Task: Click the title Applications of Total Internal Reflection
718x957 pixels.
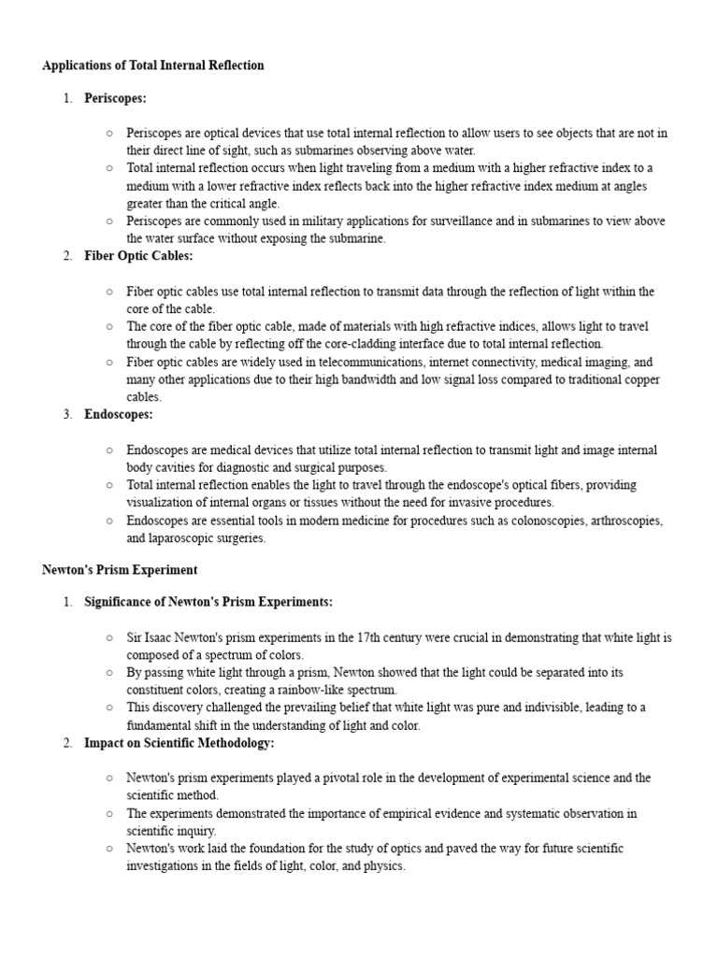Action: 153,65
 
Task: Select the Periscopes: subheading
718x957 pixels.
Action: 115,98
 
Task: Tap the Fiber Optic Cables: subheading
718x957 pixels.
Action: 138,256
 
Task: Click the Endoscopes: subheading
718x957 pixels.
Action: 118,415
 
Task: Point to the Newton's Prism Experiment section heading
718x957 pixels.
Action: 120,569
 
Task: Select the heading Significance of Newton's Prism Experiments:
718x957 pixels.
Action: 208,602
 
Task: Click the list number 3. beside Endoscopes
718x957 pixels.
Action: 68,415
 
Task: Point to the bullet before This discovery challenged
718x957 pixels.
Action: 109,707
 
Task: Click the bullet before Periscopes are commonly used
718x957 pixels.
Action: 109,221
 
